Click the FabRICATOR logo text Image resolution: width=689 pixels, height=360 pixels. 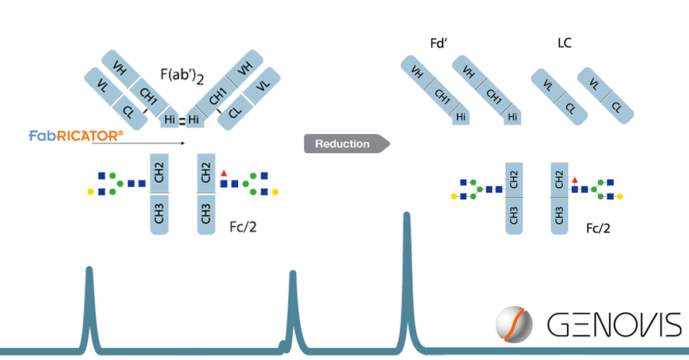76,136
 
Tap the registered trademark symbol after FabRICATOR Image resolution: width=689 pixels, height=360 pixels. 121,133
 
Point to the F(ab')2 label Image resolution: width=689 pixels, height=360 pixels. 182,76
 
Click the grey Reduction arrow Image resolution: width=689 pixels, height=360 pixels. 347,144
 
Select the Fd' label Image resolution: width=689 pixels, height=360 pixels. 439,44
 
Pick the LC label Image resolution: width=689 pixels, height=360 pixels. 565,43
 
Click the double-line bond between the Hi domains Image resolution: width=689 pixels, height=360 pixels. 183,121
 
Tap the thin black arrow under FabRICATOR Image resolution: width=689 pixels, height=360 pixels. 138,143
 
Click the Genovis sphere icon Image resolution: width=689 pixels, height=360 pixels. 514,324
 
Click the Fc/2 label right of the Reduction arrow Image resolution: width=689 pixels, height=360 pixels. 598,229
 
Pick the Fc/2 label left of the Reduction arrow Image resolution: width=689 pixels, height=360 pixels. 243,227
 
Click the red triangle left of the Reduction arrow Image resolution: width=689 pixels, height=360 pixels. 223,173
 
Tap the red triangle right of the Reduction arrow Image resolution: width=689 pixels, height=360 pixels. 575,180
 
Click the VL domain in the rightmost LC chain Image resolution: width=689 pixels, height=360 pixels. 594,83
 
